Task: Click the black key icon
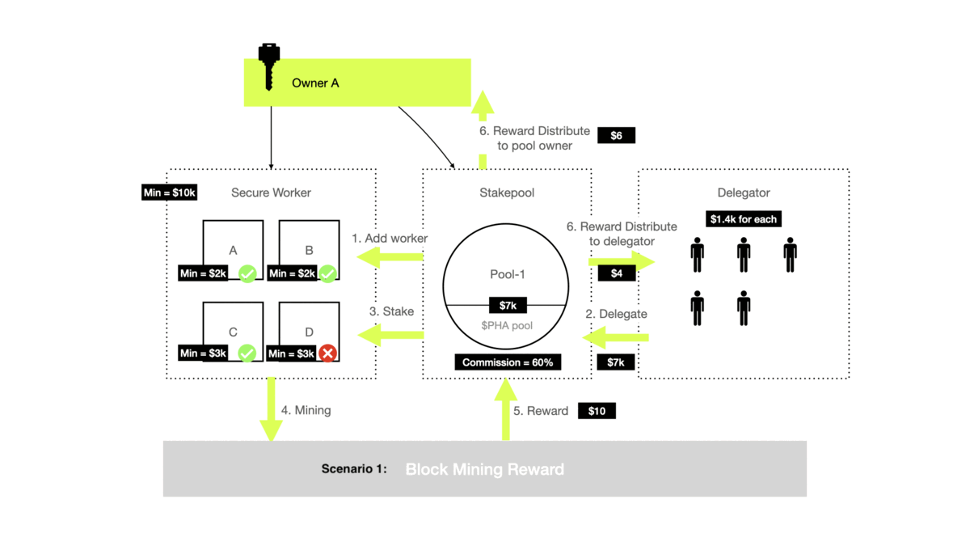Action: tap(269, 66)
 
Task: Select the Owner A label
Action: tap(315, 83)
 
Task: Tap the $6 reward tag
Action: tap(616, 135)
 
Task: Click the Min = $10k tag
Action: tap(170, 193)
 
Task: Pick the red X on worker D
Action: tap(327, 353)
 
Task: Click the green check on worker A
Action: tap(247, 273)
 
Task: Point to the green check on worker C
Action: tap(247, 353)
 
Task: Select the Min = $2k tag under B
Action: tap(292, 273)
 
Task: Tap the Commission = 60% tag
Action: tap(508, 362)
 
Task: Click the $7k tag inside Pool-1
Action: tap(508, 305)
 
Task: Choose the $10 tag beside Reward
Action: tap(597, 411)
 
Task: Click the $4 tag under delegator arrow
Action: tap(616, 273)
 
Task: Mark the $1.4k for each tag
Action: tap(743, 219)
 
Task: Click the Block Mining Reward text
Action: tap(484, 469)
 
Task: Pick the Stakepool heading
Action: tap(507, 193)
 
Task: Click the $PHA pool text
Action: tap(507, 325)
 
